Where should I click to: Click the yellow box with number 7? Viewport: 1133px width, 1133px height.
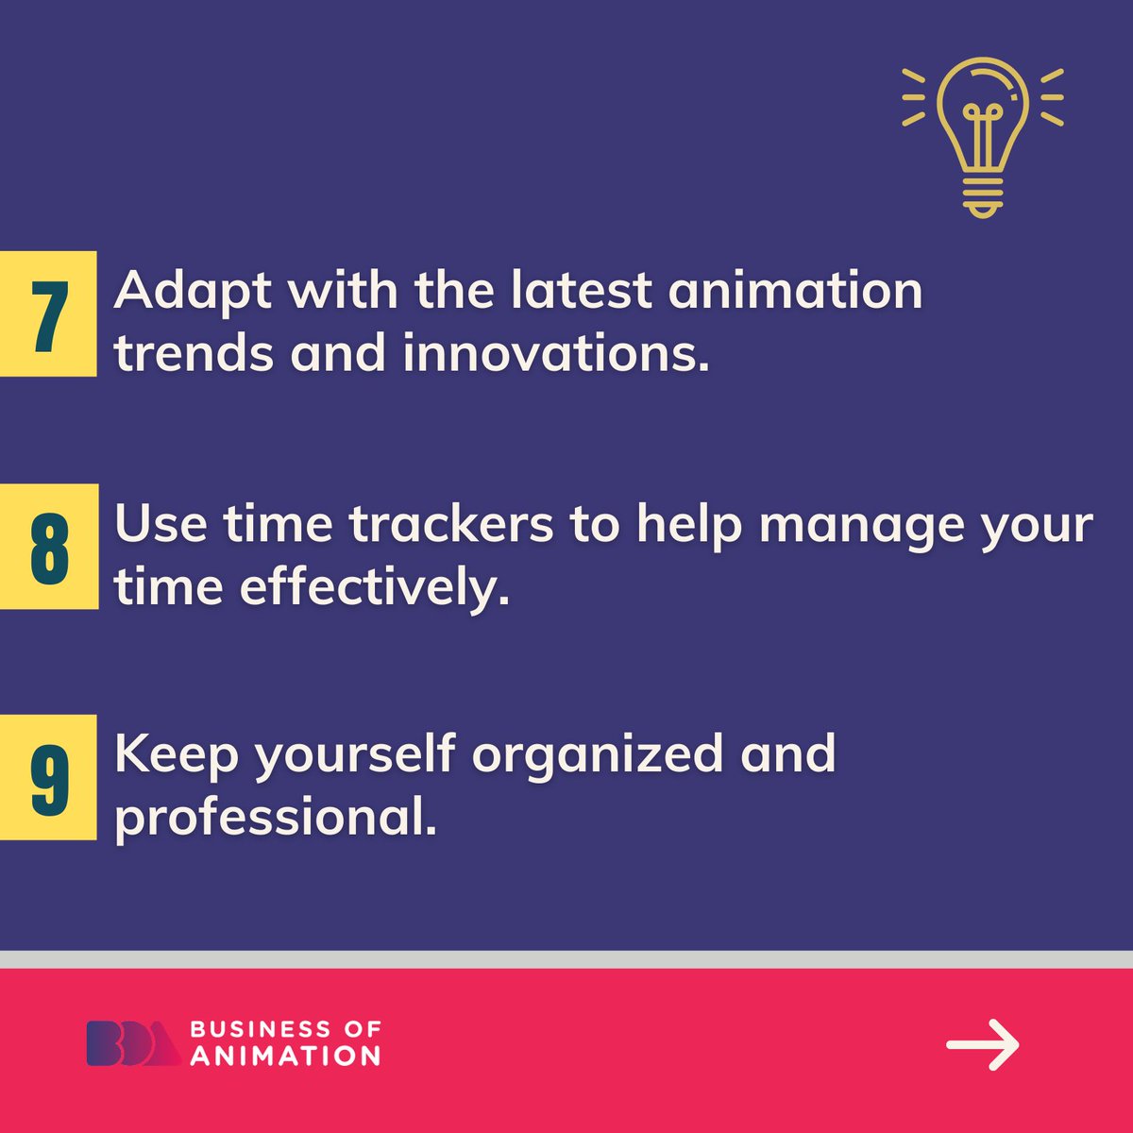(x=48, y=313)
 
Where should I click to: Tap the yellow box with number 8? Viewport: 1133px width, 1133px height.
(x=49, y=546)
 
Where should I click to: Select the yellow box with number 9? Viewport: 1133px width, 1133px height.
(x=48, y=777)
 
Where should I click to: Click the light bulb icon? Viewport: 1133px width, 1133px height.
(x=982, y=136)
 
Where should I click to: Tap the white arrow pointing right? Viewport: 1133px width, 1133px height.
(x=983, y=1044)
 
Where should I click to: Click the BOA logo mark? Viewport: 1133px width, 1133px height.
(x=133, y=1043)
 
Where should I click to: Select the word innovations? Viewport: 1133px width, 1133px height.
(x=556, y=353)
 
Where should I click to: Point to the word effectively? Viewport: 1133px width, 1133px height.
(x=374, y=587)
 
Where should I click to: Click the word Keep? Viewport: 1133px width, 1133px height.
(x=177, y=754)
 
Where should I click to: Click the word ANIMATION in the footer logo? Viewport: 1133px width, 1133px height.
(x=285, y=1056)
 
